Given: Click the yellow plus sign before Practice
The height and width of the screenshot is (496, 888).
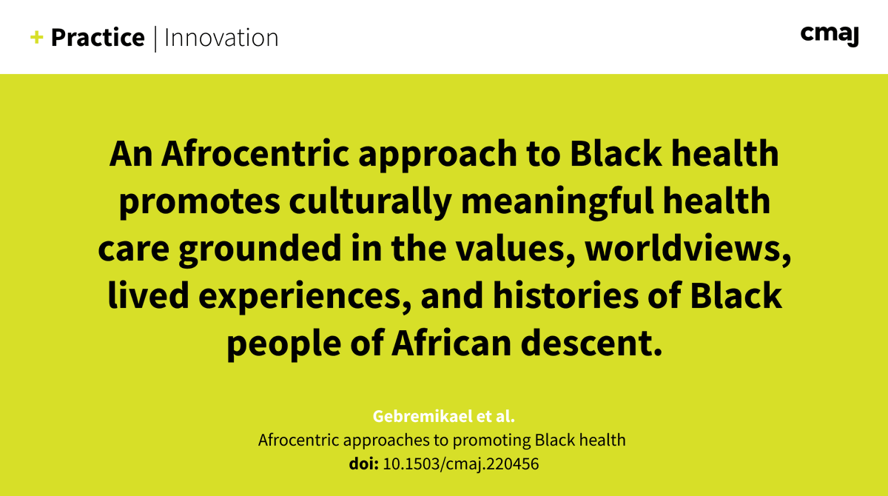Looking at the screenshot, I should coord(36,38).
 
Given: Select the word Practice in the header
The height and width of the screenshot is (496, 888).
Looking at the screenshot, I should coord(98,38).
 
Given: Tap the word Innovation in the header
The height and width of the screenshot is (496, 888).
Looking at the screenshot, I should coord(221,38).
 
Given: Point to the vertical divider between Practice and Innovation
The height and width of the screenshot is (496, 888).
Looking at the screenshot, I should coord(155,38).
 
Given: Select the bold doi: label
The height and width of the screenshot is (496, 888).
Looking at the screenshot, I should coord(363,464).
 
